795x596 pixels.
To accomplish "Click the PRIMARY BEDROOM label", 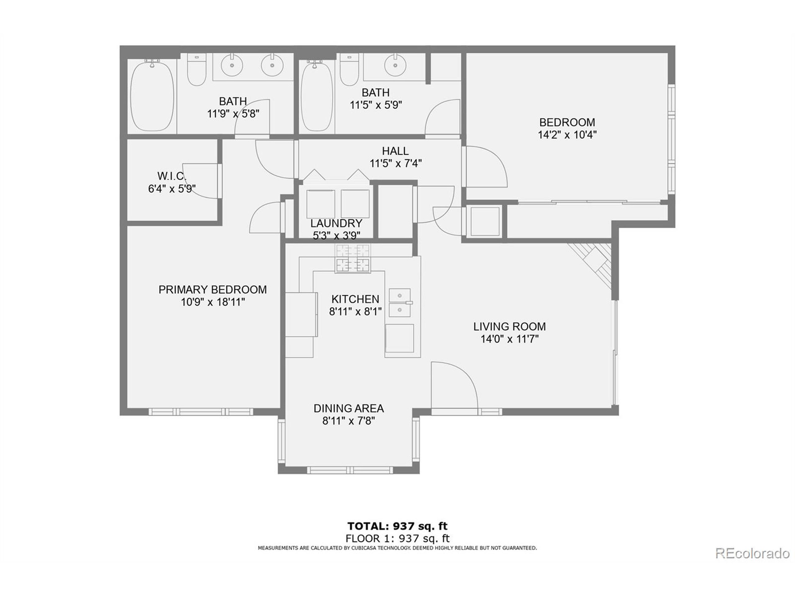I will [x=212, y=290].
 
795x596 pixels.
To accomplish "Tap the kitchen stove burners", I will [x=352, y=258].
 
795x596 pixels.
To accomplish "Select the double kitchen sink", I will [x=400, y=302].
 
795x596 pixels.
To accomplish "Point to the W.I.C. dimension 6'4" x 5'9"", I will [x=172, y=189].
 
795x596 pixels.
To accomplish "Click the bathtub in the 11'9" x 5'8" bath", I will [x=152, y=97].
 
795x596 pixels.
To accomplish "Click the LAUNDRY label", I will [x=336, y=223].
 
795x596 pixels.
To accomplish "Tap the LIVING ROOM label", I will [x=509, y=327].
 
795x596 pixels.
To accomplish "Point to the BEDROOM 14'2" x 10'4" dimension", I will [x=567, y=135].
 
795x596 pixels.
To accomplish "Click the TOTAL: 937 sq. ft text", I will [x=397, y=526].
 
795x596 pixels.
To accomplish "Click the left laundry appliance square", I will [x=320, y=204].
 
